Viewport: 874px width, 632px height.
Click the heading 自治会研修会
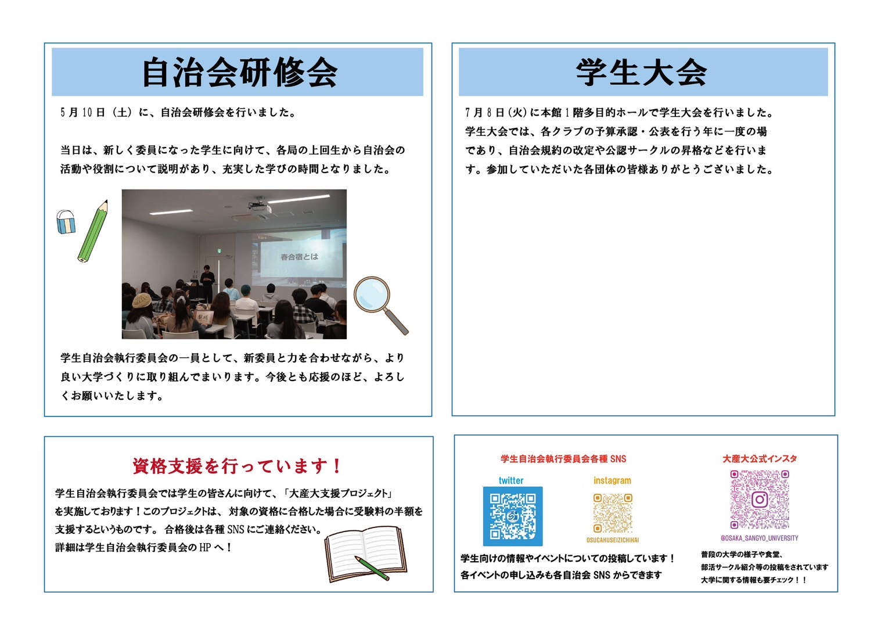[x=240, y=73]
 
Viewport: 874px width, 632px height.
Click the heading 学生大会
[x=642, y=73]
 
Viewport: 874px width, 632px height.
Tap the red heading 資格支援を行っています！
[x=237, y=466]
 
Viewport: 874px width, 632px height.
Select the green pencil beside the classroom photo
[x=93, y=231]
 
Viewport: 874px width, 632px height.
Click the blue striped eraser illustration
[x=66, y=222]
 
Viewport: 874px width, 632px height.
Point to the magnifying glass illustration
[x=380, y=304]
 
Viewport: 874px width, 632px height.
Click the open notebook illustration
[x=366, y=554]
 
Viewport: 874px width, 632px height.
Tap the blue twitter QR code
[x=513, y=516]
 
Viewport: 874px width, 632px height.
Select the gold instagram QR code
[x=613, y=513]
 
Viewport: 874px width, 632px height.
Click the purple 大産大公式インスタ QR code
[x=760, y=500]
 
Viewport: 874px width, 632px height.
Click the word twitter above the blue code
[x=511, y=480]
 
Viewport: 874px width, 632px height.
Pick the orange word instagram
[x=612, y=480]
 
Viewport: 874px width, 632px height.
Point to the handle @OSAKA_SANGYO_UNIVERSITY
[x=759, y=538]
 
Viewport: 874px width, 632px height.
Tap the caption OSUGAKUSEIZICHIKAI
[x=613, y=540]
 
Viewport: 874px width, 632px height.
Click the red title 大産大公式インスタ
[x=760, y=459]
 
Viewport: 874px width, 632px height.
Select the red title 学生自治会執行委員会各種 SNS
[x=563, y=459]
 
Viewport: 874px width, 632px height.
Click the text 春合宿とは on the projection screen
[x=299, y=257]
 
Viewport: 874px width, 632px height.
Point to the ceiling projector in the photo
[x=260, y=207]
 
